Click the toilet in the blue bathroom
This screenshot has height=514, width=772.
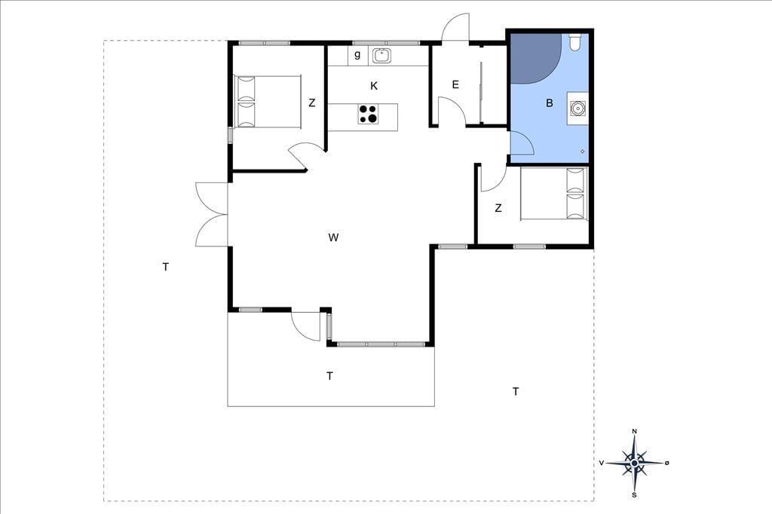coord(574,41)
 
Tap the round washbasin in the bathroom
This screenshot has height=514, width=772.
coord(576,107)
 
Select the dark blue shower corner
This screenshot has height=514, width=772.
coord(535,57)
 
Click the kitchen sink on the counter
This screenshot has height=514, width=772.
coord(381,56)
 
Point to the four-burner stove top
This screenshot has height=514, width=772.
coord(368,115)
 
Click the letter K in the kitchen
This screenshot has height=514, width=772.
coord(374,86)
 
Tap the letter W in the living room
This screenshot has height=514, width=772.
coord(333,238)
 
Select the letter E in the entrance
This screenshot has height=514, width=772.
coord(455,84)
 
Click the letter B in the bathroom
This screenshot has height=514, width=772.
coord(550,103)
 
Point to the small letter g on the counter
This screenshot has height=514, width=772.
coord(357,55)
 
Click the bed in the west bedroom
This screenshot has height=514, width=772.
coord(268,102)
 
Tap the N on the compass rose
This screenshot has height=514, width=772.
coord(635,432)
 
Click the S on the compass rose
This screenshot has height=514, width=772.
coord(634,495)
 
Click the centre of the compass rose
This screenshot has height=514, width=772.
coord(635,463)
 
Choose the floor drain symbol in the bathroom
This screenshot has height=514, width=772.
coord(583,151)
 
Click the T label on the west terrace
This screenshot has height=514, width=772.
coord(166,268)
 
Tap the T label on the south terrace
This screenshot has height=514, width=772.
coord(330,376)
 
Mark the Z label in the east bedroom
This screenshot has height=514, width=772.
coord(498,208)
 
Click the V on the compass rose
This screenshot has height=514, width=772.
coord(602,463)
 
